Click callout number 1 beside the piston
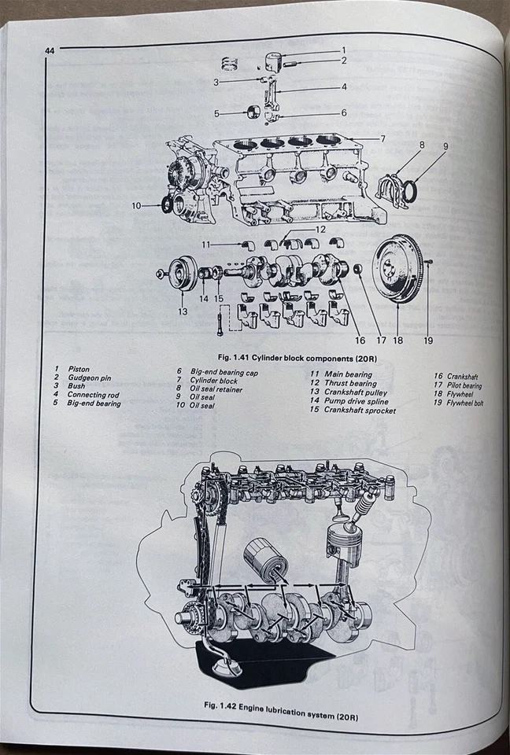pos(343,50)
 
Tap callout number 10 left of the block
pos(136,205)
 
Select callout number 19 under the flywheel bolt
pos(428,341)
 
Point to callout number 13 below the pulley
pos(183,311)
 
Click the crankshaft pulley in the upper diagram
pos(183,273)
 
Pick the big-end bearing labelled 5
pos(254,112)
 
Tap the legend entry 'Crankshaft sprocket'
pos(360,411)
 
